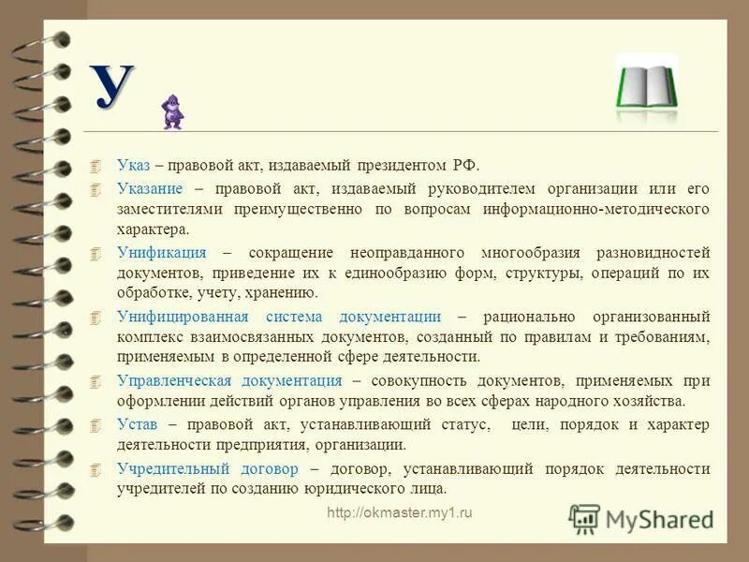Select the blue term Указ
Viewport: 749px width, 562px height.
133,165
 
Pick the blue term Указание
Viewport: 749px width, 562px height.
151,188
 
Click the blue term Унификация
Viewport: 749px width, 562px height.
162,253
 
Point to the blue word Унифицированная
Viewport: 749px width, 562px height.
178,317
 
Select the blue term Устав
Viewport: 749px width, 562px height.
137,425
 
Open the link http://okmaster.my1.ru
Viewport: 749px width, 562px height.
400,513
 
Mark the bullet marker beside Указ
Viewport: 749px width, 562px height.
94,166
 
